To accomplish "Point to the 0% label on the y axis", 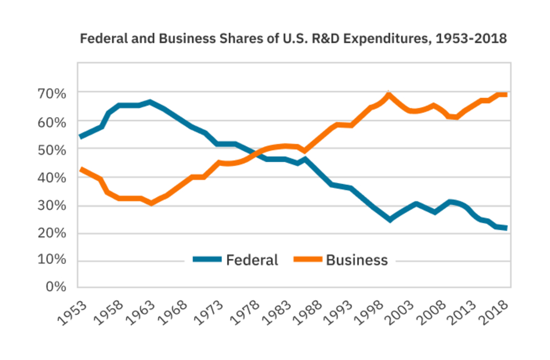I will click(55, 286).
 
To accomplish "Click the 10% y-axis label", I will click(52, 259).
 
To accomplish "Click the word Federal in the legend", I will click(252, 260).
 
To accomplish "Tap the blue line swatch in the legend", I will click(207, 259).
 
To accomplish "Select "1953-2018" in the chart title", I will click(476, 40).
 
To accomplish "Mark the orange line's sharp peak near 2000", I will click(389, 95).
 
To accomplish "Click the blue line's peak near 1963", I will click(150, 102).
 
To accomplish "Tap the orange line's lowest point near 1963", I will click(151, 203).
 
